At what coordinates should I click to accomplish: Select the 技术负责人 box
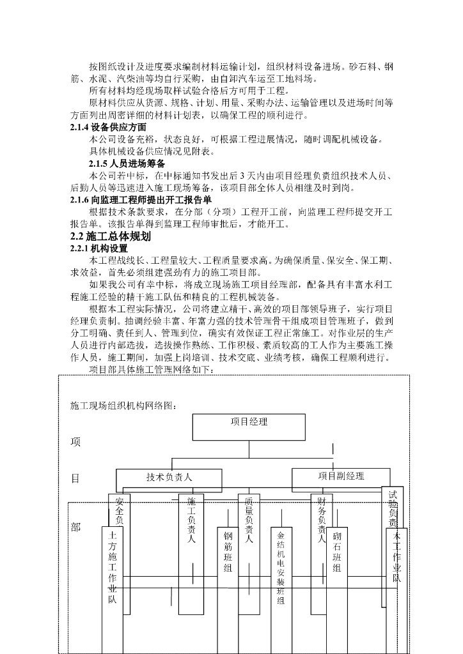pos(169,478)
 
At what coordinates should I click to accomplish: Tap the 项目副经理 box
pos(341,476)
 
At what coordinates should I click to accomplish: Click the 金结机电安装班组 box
pos(281,568)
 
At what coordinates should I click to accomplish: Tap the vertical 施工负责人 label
pos(191,521)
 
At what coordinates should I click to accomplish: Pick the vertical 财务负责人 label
pos(322,521)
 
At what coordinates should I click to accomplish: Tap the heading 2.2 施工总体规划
pos(110,236)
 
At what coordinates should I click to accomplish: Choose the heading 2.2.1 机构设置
pos(99,248)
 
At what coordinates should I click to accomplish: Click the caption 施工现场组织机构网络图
pos(123,405)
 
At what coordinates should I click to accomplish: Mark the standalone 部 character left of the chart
pos(75,528)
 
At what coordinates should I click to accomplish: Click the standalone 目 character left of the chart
pos(75,478)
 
